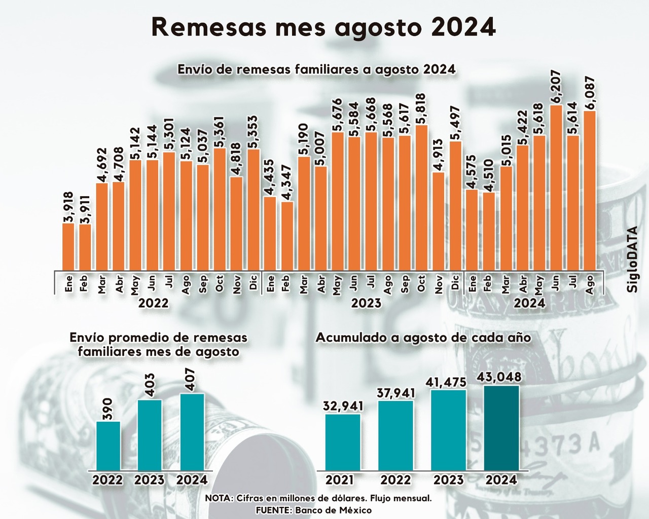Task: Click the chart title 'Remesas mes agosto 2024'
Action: point(323,27)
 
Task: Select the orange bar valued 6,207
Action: point(556,188)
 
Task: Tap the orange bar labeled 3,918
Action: point(68,247)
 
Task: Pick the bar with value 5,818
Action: point(421,198)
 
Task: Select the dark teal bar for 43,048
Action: point(501,428)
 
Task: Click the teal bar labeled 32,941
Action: point(343,442)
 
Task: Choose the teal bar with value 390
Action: point(108,446)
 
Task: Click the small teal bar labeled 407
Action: point(192,431)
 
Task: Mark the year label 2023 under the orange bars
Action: point(366,304)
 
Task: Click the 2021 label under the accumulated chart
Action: point(340,479)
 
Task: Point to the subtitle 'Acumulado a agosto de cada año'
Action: point(423,338)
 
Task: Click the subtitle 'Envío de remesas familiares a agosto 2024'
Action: point(316,69)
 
